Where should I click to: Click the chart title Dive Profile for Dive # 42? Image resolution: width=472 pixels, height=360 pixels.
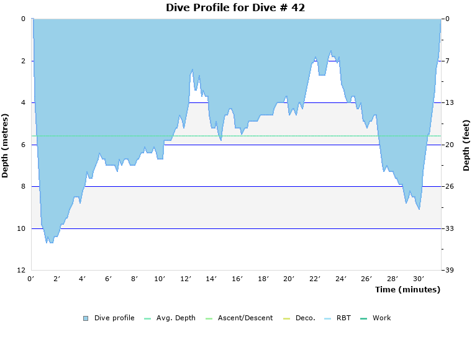click(235, 7)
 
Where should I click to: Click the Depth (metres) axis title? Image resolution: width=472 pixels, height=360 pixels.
click(6, 145)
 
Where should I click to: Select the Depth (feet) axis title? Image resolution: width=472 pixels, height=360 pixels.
click(466, 145)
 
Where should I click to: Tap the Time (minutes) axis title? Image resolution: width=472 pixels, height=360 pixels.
click(407, 289)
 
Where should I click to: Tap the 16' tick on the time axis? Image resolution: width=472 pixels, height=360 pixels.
click(237, 278)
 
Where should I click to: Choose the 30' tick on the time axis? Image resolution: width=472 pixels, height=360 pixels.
click(419, 278)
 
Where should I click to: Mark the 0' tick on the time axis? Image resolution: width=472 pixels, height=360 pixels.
click(31, 278)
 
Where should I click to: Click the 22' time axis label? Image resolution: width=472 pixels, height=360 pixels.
click(315, 278)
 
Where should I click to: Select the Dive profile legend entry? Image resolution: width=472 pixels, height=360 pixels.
click(114, 318)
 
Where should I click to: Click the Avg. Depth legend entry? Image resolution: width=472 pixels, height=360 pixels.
click(176, 318)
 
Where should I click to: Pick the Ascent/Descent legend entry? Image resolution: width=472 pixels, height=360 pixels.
click(245, 318)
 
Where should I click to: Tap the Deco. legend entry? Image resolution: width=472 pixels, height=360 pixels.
click(305, 318)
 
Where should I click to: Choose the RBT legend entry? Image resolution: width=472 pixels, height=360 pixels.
click(343, 318)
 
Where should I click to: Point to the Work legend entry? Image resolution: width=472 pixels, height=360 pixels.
click(381, 318)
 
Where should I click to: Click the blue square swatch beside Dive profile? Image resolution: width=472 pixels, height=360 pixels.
click(86, 318)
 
